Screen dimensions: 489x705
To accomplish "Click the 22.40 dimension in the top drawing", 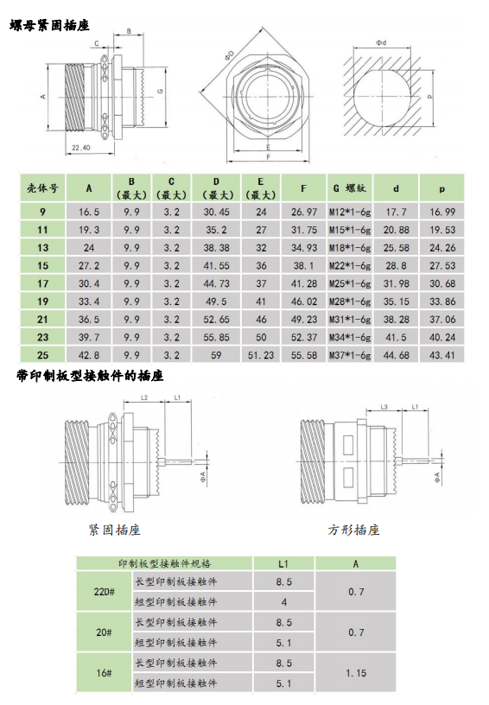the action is click(x=81, y=148).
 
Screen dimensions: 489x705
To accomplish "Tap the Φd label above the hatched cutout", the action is click(x=381, y=42).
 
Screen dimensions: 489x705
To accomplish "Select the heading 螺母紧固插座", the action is click(x=49, y=25).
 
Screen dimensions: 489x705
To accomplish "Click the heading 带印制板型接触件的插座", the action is click(x=90, y=376).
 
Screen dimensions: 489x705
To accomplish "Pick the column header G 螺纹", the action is click(x=350, y=188).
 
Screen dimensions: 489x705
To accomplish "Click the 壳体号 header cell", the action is click(x=42, y=188).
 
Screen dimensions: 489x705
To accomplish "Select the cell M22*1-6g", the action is click(x=350, y=266).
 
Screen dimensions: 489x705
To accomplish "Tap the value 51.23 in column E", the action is click(x=261, y=355).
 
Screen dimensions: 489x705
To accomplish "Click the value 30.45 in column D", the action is click(x=216, y=212).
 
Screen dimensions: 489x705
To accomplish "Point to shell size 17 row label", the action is click(x=42, y=283).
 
